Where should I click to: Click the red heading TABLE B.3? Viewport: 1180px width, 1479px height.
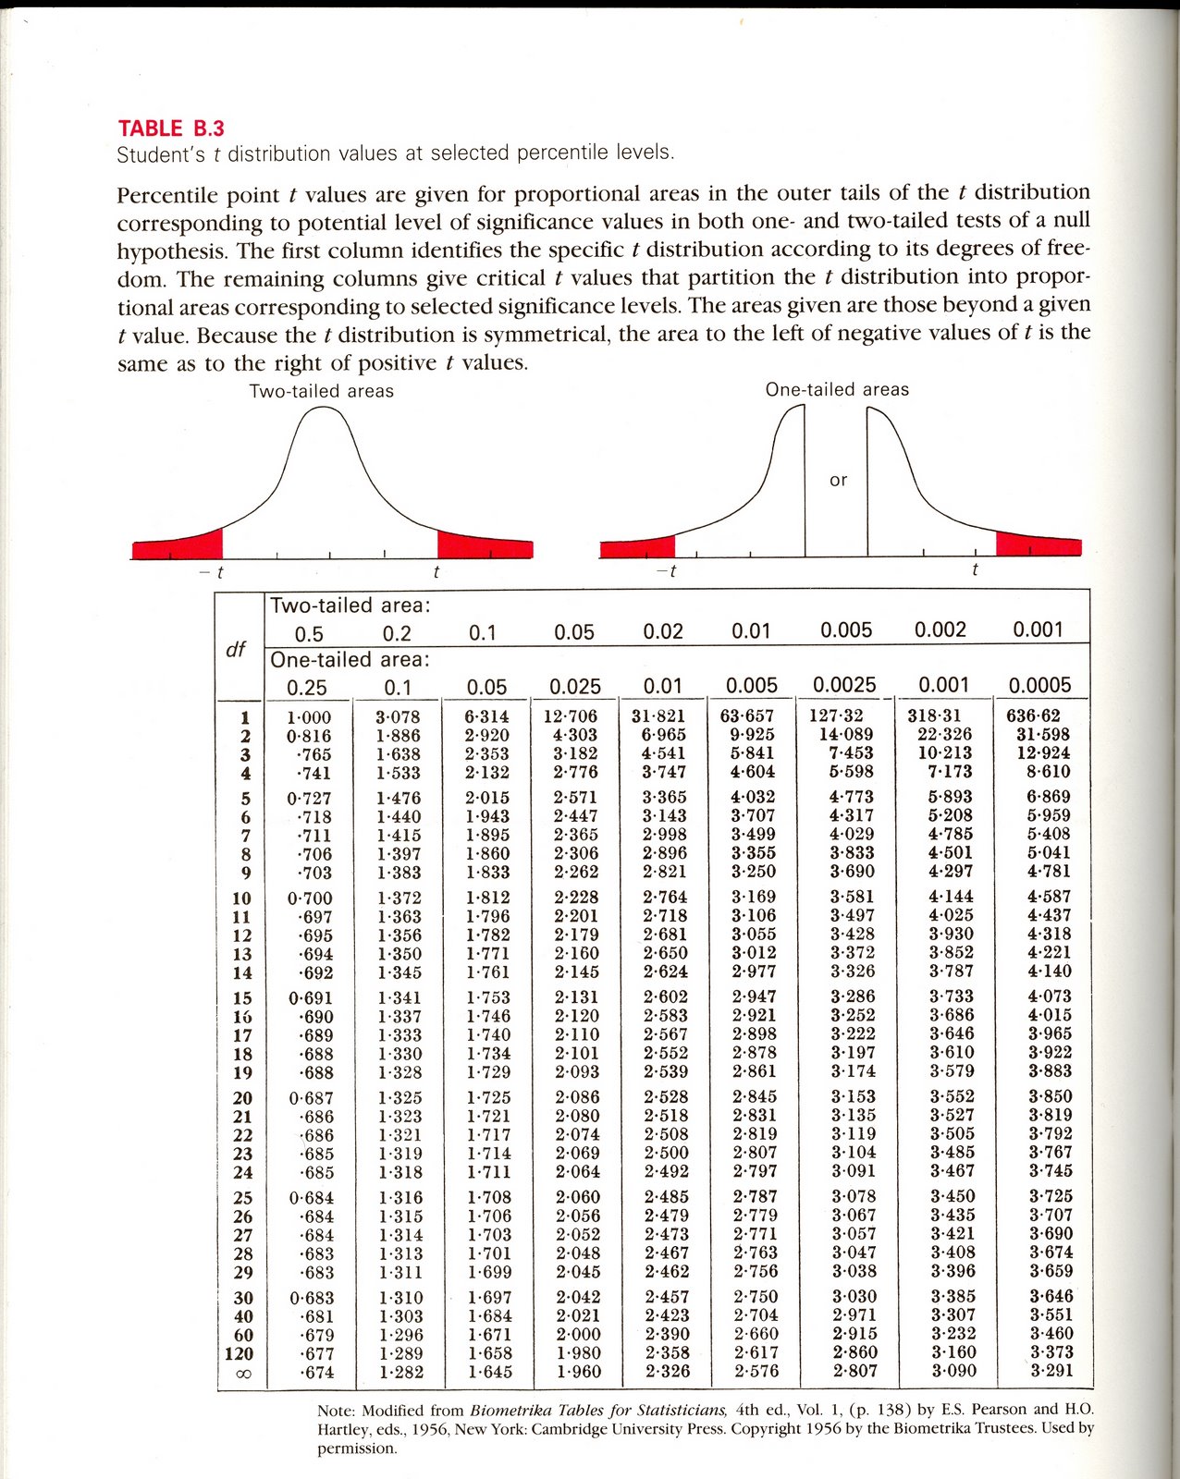(x=171, y=128)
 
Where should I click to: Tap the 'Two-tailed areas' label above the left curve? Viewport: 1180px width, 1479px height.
(x=321, y=391)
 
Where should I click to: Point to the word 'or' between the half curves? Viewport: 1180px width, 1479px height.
(x=838, y=481)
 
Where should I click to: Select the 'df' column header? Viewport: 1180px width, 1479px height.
(x=236, y=649)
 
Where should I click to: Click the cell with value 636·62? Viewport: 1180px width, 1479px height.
(x=1033, y=715)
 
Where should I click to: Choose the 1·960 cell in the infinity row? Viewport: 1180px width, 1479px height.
(x=576, y=1372)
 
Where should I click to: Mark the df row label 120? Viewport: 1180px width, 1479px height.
(x=239, y=1354)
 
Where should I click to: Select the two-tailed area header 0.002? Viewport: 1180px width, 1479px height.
(x=940, y=630)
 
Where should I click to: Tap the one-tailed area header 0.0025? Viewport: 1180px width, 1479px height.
(x=844, y=685)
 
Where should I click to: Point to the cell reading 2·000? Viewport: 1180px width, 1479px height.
(x=576, y=1335)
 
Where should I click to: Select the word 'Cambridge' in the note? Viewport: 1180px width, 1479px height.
(x=593, y=1429)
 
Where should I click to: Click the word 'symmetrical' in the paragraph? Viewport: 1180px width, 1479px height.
(x=546, y=335)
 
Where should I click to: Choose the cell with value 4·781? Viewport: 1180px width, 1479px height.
(x=1049, y=872)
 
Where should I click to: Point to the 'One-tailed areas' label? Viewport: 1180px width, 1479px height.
(x=837, y=390)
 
